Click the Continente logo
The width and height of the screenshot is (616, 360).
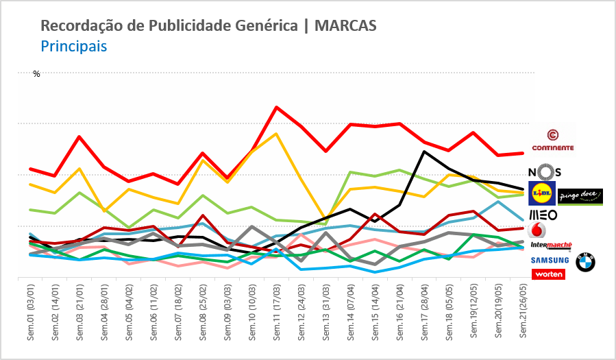click(x=552, y=140)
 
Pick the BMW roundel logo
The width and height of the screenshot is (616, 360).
click(x=585, y=262)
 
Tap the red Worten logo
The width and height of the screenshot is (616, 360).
click(x=549, y=274)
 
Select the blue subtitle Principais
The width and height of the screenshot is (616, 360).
click(x=73, y=47)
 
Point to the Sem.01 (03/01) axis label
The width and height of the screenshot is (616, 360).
click(x=31, y=313)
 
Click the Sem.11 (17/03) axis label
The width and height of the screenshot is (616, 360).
click(x=276, y=313)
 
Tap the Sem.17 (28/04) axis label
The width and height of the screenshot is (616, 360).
click(x=424, y=313)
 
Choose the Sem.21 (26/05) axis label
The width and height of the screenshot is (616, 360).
click(x=523, y=313)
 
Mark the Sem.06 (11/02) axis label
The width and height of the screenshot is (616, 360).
click(x=153, y=313)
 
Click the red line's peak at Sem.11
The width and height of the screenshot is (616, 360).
click(x=276, y=107)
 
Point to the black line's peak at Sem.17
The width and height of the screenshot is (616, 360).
click(x=424, y=152)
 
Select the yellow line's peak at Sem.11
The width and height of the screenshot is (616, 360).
click(x=276, y=133)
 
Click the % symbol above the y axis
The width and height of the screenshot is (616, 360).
click(x=37, y=74)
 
